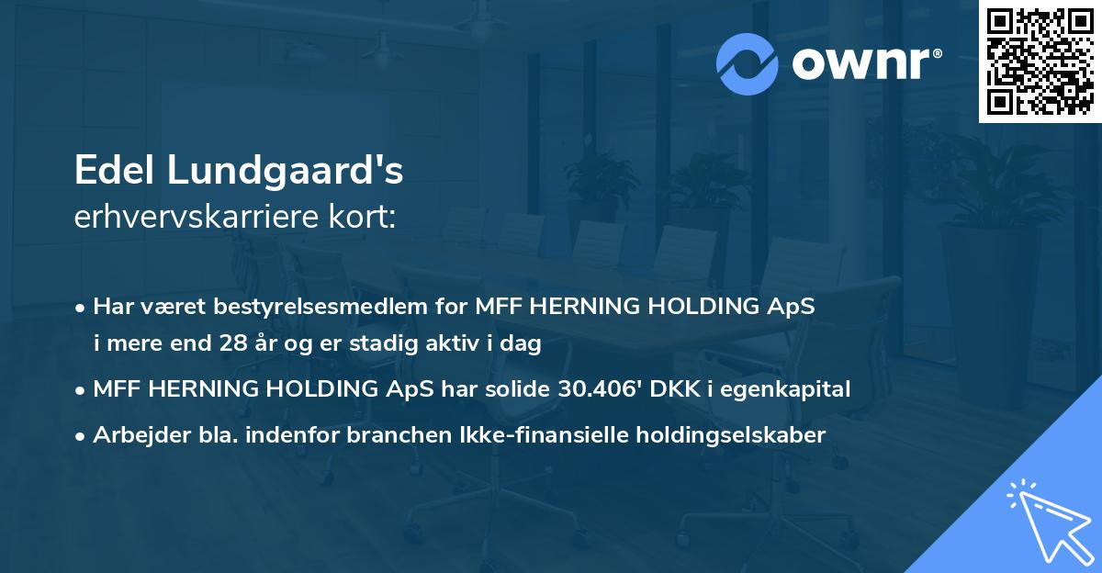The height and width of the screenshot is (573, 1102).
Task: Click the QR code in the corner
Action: point(1040,62)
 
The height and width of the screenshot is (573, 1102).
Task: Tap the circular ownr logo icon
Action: point(748,64)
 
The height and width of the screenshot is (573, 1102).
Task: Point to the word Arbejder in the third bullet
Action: point(134,434)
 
